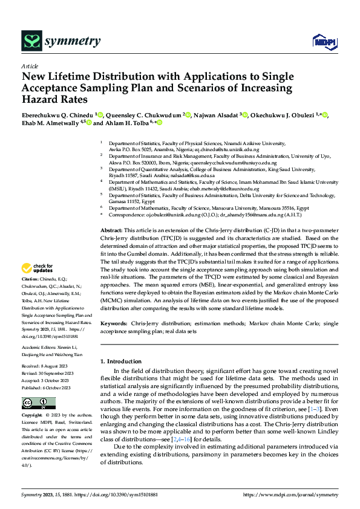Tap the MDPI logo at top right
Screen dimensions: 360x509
click(324, 41)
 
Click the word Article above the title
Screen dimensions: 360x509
click(30, 66)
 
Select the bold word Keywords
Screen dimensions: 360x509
click(114, 324)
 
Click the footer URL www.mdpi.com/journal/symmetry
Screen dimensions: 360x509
click(290, 494)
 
